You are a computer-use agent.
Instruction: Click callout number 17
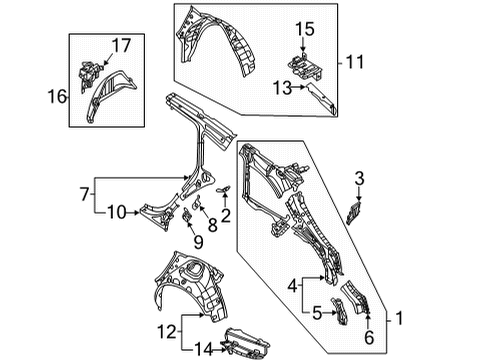point(121,45)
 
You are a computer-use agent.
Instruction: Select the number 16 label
point(57,97)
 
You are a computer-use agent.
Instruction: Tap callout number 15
point(305,29)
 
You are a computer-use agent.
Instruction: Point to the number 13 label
point(282,88)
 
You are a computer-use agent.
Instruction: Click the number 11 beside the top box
point(355,62)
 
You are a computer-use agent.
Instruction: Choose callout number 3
point(359,179)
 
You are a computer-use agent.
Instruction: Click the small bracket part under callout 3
point(354,212)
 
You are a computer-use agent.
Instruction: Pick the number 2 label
point(226,215)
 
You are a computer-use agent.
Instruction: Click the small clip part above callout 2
point(224,190)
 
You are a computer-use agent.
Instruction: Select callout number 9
point(198,242)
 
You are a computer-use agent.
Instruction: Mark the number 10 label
point(117,212)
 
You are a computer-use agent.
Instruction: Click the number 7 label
point(85,194)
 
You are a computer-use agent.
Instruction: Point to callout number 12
point(166,332)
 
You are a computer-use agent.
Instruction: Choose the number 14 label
point(203,350)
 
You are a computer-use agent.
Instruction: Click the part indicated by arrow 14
point(247,343)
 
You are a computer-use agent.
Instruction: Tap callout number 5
point(317,313)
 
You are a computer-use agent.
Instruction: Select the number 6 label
point(369,337)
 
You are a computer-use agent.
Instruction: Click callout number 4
point(292,286)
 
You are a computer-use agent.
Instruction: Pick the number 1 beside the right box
point(399,318)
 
